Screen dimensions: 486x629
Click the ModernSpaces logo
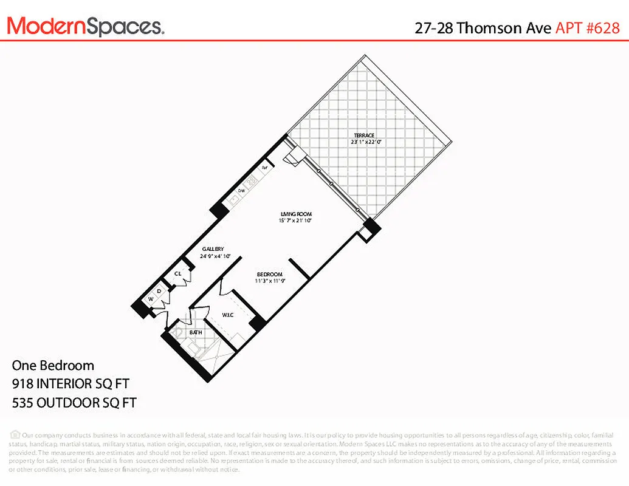pyautogui.click(x=85, y=26)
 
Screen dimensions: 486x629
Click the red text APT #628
pyautogui.click(x=588, y=27)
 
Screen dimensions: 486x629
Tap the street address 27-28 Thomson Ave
pyautogui.click(x=483, y=27)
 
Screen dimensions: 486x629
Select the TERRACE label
pyautogui.click(x=365, y=135)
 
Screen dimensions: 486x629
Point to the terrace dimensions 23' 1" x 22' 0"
pyautogui.click(x=365, y=142)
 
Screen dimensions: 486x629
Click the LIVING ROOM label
pyautogui.click(x=296, y=214)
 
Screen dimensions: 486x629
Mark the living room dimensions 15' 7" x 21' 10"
pyautogui.click(x=296, y=221)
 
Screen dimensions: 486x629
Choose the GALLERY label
pyautogui.click(x=213, y=249)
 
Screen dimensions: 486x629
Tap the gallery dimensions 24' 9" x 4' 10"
pyautogui.click(x=213, y=256)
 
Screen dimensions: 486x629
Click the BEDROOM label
pyautogui.click(x=268, y=274)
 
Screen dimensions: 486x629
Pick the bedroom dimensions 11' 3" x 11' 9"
pyautogui.click(x=268, y=281)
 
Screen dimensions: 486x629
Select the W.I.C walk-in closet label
pyautogui.click(x=228, y=315)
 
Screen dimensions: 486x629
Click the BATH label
pyautogui.click(x=196, y=332)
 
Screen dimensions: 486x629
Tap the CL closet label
pyautogui.click(x=178, y=273)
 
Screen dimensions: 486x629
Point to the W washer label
pyautogui.click(x=151, y=299)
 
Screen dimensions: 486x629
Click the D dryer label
pyautogui.click(x=159, y=291)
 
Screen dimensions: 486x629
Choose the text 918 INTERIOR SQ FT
pyautogui.click(x=70, y=383)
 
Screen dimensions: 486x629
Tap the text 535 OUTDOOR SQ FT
pyautogui.click(x=74, y=402)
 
